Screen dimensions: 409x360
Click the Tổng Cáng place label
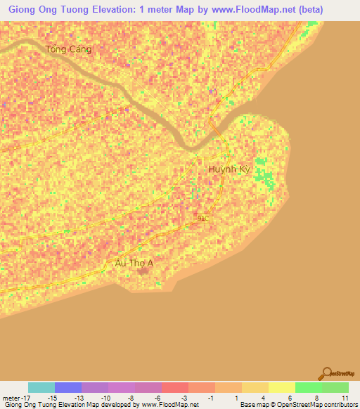point(68,49)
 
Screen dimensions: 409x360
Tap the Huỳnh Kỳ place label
point(229,169)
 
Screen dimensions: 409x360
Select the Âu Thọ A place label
point(134,264)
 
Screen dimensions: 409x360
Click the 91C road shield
point(203,219)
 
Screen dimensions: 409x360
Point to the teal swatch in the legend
point(41,387)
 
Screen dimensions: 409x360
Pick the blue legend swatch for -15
point(67,387)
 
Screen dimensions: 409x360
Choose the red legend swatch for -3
point(174,387)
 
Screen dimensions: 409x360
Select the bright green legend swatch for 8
point(308,387)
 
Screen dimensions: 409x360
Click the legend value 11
point(345,397)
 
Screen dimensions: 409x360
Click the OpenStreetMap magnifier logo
point(327,373)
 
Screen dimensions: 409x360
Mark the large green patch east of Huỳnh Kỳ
point(264,171)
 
